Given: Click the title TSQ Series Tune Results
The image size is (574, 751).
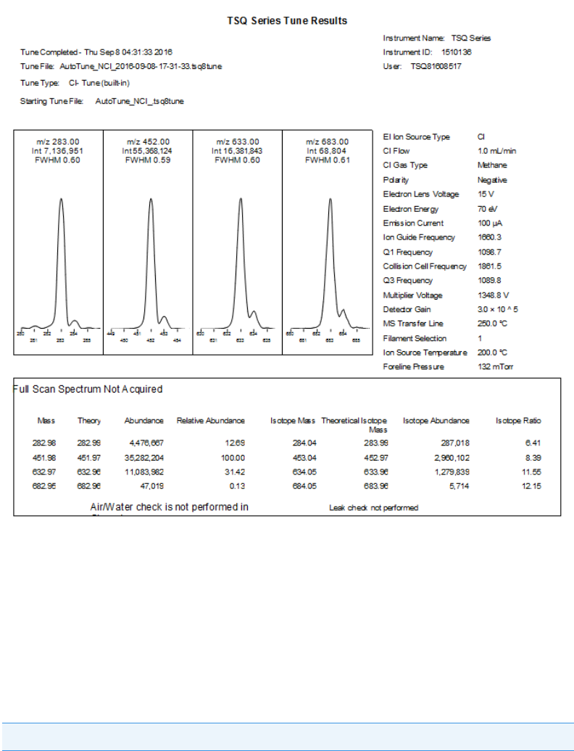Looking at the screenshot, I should (x=287, y=20).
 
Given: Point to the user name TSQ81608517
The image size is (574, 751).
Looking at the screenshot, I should (x=436, y=66).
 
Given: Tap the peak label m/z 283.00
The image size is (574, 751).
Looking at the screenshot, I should (x=59, y=141).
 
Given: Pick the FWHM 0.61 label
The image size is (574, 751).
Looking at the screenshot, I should (x=327, y=160).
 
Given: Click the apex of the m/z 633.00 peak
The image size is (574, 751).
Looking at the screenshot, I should (x=240, y=199).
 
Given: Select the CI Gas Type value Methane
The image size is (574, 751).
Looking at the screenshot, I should (x=492, y=165).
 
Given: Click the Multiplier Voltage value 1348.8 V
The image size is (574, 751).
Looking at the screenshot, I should (x=494, y=295).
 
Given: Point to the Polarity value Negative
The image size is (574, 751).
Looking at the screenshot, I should (x=492, y=180).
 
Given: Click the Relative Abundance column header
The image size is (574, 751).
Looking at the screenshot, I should (x=211, y=421).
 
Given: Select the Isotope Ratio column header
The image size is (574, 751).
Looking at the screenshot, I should (x=518, y=421).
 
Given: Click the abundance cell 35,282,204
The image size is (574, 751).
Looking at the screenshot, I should (x=144, y=458).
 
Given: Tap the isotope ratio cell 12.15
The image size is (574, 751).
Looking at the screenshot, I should (x=531, y=485).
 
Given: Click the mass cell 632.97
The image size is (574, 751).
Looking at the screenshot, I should (x=46, y=472).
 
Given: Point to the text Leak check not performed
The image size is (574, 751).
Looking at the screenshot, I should (x=373, y=508).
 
